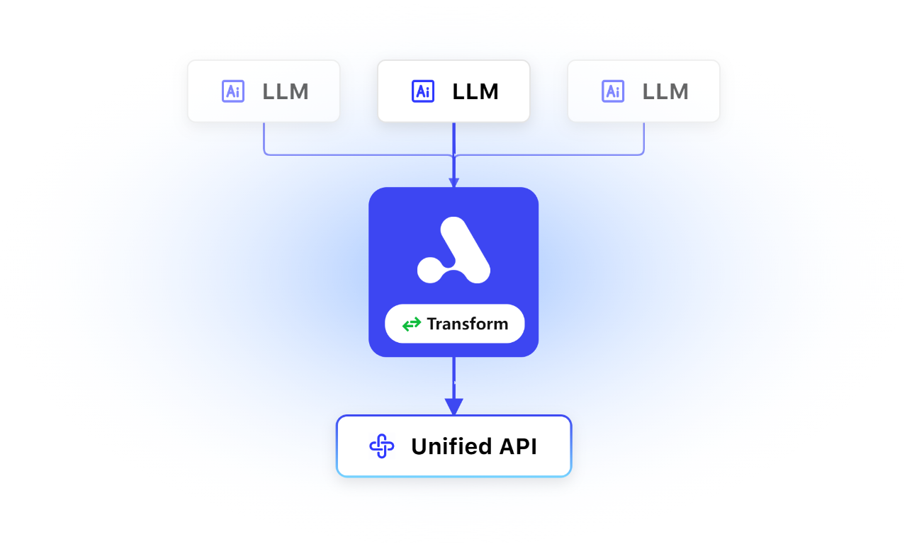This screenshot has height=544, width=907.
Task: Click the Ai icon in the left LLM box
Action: pos(233,91)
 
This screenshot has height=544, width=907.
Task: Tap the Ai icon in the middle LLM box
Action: pos(423,91)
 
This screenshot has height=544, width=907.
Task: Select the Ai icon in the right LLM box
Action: pos(613,91)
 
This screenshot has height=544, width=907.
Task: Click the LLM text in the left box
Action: pos(286,91)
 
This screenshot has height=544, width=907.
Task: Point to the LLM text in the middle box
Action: pos(475,91)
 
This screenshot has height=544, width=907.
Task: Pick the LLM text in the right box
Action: pos(665,91)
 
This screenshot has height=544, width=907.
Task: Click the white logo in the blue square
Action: pos(453,250)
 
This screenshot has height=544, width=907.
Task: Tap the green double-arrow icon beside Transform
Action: pos(412,324)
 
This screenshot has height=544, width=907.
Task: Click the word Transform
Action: pos(468,324)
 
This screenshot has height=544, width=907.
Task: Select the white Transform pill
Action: pos(454,324)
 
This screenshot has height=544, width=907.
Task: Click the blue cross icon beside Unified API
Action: pos(381,446)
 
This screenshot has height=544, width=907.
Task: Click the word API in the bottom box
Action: pos(518,446)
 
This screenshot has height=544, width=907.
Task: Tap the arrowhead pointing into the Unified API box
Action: pos(454,407)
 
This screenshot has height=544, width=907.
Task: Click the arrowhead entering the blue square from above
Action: pos(454,182)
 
